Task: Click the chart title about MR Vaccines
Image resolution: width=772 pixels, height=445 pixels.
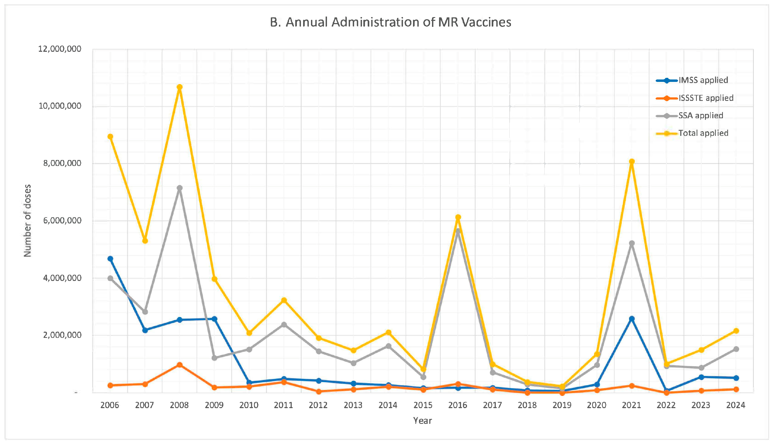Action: (390, 22)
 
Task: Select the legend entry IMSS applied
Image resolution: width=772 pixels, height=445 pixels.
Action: (703, 80)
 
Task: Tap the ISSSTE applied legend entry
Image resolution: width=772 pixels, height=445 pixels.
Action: (706, 98)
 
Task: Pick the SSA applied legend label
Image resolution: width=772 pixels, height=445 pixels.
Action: (700, 116)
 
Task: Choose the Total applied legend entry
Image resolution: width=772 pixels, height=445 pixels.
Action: (703, 133)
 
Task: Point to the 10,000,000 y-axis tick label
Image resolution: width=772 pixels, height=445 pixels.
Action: (60, 106)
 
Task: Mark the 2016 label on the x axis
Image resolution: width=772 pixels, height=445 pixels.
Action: (458, 405)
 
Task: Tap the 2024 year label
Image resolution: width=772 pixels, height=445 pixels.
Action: (736, 405)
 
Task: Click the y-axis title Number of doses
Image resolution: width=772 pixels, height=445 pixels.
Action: (27, 220)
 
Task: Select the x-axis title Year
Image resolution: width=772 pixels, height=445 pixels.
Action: (422, 421)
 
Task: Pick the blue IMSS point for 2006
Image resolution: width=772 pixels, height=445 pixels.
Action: (110, 259)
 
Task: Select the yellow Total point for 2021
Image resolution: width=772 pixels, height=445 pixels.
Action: (632, 162)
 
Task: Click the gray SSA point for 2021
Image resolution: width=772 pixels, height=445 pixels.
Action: (632, 243)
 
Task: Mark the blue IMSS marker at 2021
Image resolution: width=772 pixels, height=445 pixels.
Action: (632, 319)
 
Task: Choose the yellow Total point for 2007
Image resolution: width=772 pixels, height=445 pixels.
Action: (145, 241)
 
